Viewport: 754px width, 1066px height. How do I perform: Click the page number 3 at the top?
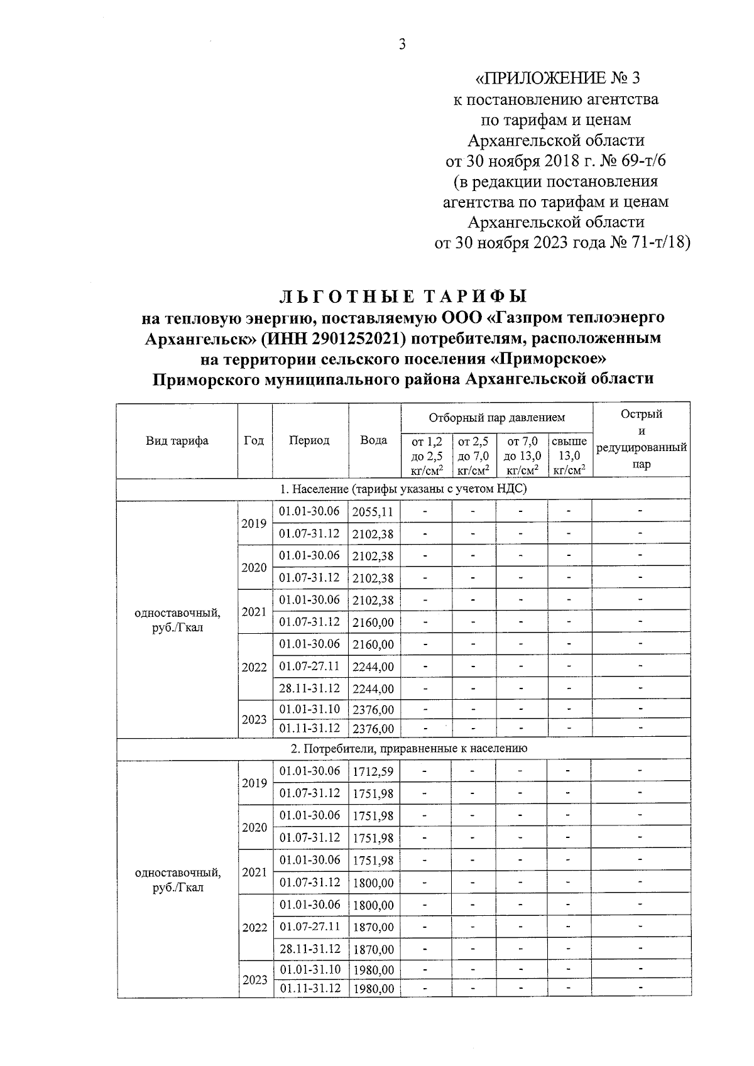pos(403,44)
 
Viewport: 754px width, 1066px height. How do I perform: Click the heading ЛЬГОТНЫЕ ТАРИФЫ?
pos(403,296)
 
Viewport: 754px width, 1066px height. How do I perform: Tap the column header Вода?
pos(374,440)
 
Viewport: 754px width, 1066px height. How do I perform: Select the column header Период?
pos(309,440)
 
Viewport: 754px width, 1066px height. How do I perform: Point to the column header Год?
pos(254,440)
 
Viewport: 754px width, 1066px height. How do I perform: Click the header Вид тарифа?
pos(177,440)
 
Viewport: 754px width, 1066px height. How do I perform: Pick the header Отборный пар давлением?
pos(496,418)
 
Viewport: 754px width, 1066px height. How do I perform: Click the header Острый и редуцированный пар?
pos(641,439)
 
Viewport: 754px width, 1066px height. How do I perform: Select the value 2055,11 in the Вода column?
pos(373,513)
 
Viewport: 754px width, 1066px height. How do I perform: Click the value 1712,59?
pos(373,772)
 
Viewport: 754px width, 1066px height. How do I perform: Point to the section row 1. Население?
pos(403,489)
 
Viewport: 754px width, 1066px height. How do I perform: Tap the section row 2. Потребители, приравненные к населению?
pos(403,749)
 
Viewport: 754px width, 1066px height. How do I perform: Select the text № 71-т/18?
pos(650,242)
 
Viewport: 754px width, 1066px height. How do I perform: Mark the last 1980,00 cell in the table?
pos(373,989)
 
